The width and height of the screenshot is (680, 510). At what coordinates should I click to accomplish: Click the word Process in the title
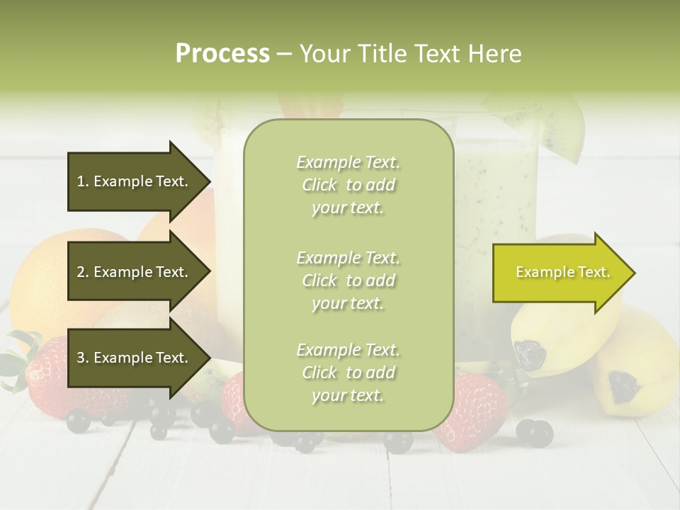[x=222, y=54]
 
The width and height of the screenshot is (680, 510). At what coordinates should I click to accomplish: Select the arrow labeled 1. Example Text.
[x=135, y=181]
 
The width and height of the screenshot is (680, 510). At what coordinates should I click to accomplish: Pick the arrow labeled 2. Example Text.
[x=135, y=272]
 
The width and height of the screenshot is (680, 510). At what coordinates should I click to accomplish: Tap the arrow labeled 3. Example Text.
[x=135, y=358]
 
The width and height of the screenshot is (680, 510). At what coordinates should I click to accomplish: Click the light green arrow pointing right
[x=560, y=273]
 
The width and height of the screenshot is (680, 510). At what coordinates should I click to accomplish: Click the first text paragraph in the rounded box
[x=348, y=185]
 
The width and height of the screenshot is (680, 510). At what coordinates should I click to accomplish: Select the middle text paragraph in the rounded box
[x=348, y=280]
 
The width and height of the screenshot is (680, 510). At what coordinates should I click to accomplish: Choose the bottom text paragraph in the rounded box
[x=348, y=373]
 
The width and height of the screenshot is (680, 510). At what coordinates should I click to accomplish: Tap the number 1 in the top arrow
[x=81, y=181]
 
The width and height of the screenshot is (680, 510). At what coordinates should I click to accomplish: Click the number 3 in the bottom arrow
[x=81, y=358]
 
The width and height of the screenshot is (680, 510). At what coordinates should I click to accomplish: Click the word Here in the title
[x=494, y=54]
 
